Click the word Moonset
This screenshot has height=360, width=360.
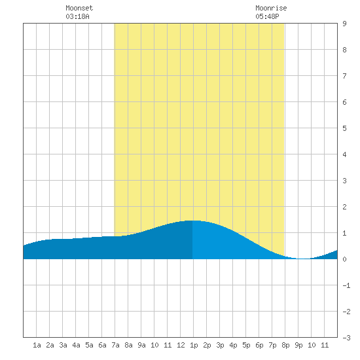click(79, 8)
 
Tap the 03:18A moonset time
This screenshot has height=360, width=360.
click(77, 16)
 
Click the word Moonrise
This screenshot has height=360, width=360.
click(271, 8)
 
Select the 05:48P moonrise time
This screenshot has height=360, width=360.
click(267, 16)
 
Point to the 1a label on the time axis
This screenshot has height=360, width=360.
click(37, 345)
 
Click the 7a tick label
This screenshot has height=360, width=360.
click(115, 345)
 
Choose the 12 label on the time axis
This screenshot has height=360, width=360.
click(181, 345)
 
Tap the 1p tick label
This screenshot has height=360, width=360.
click(194, 345)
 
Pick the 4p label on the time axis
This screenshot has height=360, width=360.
click(233, 345)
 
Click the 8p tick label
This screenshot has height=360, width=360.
click(285, 345)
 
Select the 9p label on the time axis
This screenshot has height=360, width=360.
click(298, 345)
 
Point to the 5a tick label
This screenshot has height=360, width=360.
click(89, 345)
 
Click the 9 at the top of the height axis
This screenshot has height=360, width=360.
click(344, 24)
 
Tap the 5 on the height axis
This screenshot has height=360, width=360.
click(344, 128)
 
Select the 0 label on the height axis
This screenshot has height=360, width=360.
click(344, 259)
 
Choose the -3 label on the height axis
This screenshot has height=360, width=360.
click(346, 338)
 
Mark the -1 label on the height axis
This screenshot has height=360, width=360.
click(346, 285)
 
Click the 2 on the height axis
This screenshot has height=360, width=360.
click(344, 207)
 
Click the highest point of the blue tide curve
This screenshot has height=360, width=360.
click(192, 221)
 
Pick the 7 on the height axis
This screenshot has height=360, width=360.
click(344, 76)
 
